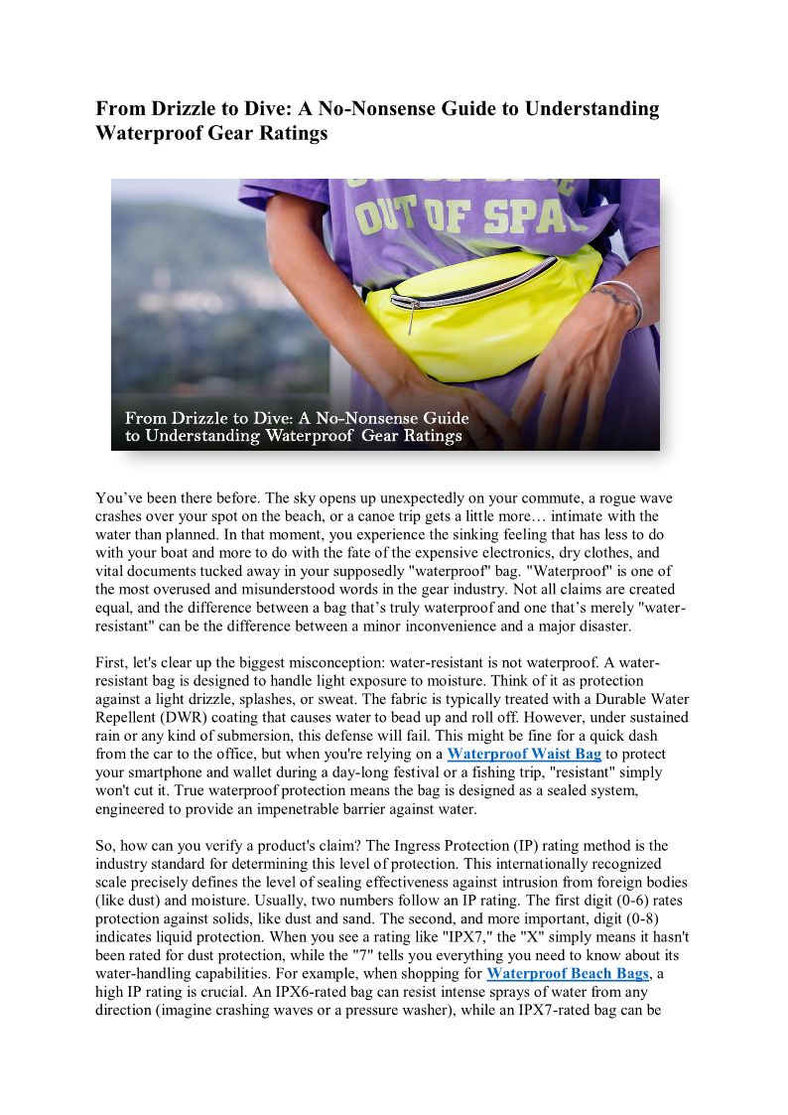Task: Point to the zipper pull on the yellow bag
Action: (409, 320)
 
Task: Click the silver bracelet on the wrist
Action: (622, 300)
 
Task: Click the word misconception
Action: (381, 662)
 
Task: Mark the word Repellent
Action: (129, 717)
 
